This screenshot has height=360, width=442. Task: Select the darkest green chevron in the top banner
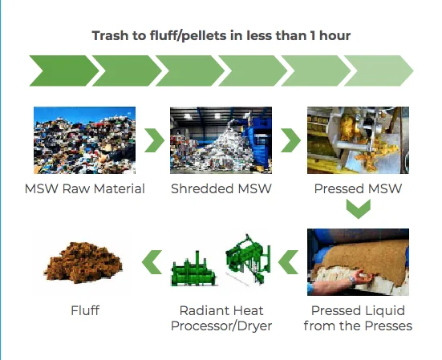click(64, 71)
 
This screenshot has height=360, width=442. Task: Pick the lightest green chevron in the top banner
click(379, 71)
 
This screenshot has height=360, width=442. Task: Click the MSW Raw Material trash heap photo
click(84, 140)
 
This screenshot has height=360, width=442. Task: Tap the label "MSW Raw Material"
click(84, 188)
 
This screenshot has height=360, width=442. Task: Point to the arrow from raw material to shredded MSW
click(155, 140)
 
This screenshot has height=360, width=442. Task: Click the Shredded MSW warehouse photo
click(221, 140)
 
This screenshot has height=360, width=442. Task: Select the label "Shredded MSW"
click(221, 188)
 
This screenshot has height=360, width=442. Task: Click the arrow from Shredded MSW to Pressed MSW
click(291, 140)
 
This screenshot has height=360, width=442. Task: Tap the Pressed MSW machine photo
click(358, 140)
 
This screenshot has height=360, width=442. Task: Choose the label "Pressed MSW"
click(358, 188)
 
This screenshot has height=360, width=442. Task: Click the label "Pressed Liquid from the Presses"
click(358, 318)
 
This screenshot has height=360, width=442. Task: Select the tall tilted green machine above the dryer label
click(248, 258)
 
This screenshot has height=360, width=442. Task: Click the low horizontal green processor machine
click(193, 271)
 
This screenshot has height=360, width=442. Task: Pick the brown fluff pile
click(83, 262)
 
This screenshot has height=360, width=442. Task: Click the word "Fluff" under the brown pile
click(85, 311)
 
